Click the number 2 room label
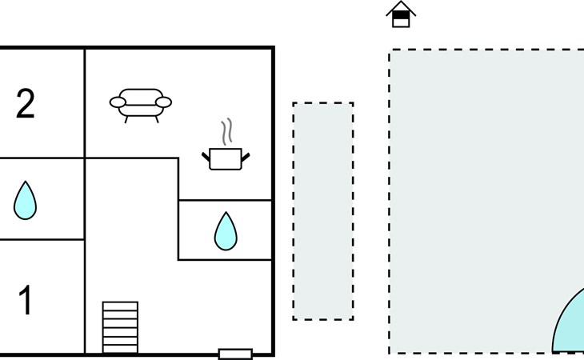tap(26, 104)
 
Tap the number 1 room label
tap(26, 301)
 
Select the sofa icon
tap(140, 102)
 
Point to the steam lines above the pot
tap(228, 130)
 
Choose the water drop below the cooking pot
tap(226, 230)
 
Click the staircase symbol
tap(120, 326)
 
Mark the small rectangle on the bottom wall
tap(235, 354)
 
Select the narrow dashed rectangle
tap(322, 211)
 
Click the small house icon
tap(401, 14)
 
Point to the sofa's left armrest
tap(118, 102)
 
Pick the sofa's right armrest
tap(163, 102)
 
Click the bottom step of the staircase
tap(120, 348)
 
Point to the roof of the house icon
tap(401, 7)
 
